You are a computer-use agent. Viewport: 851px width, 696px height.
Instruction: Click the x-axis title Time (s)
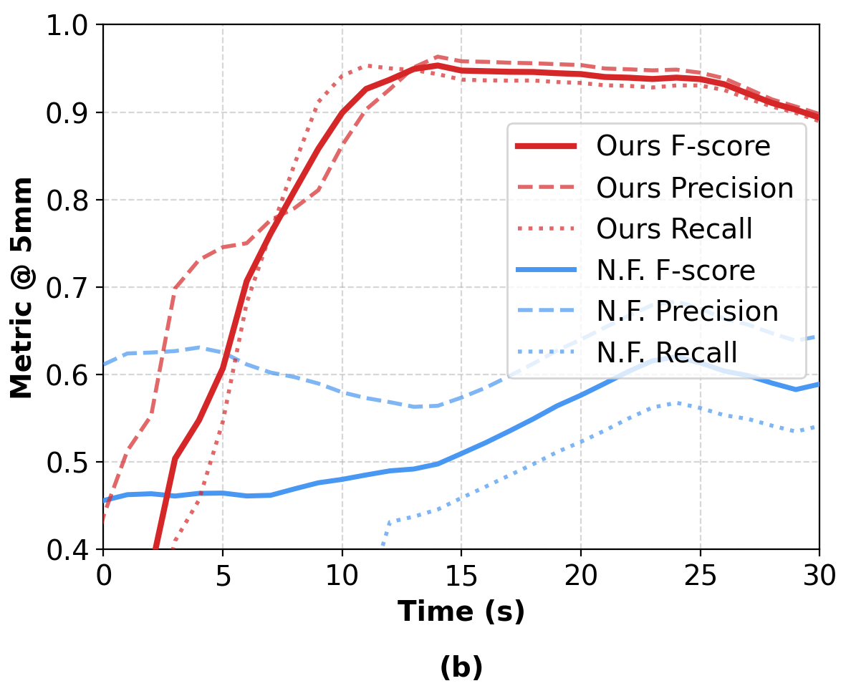pyautogui.click(x=461, y=612)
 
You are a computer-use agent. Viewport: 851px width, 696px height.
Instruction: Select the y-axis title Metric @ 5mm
pyautogui.click(x=21, y=288)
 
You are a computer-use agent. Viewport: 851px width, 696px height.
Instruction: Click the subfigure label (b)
pyautogui.click(x=461, y=667)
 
